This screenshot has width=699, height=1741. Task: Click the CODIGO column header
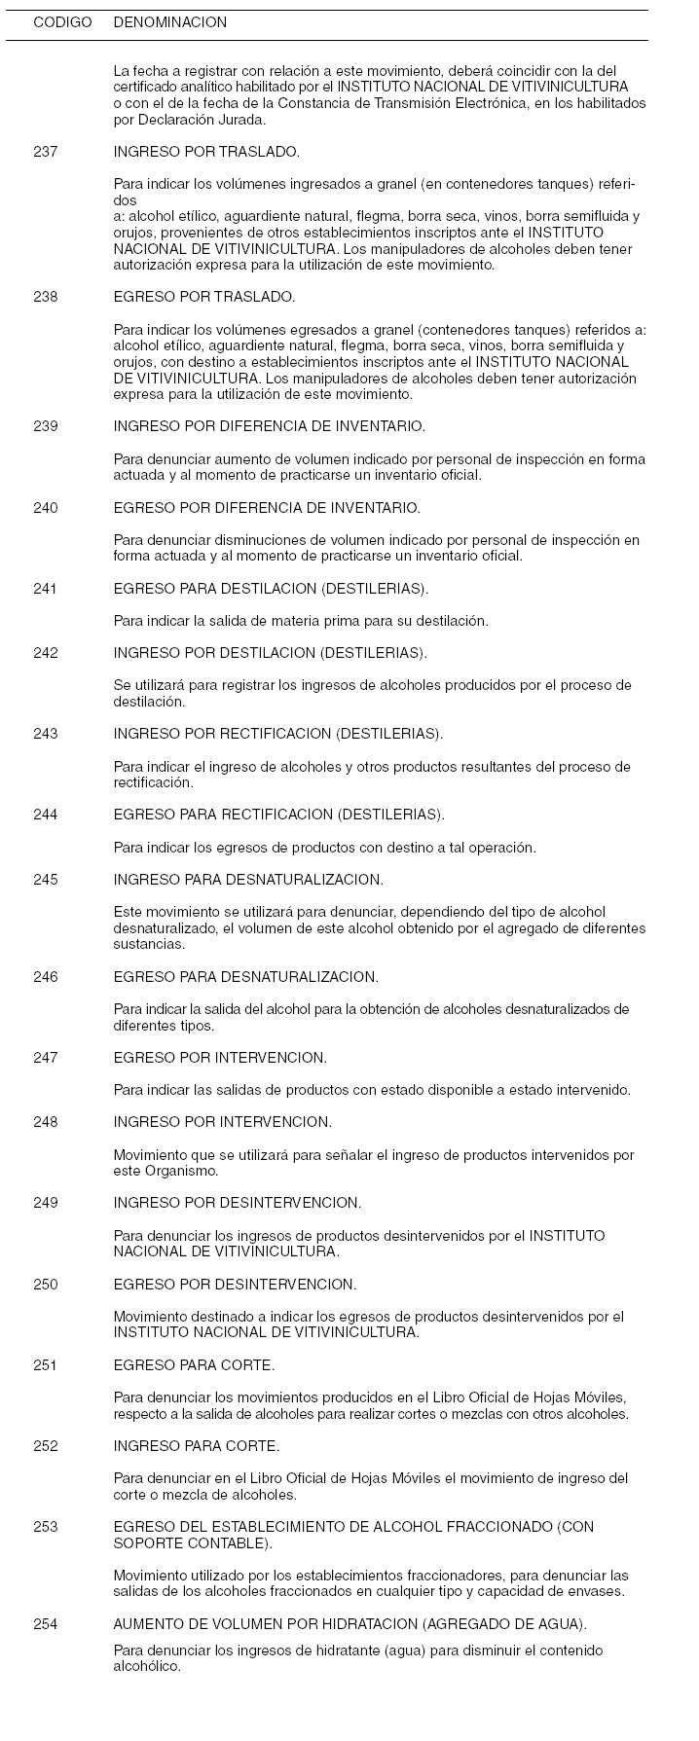pos(62,22)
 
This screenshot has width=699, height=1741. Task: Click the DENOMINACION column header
pos(169,22)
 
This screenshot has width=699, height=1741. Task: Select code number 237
pos(45,152)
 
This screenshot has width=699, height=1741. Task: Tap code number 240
pos(45,508)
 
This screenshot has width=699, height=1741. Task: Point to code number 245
pos(45,880)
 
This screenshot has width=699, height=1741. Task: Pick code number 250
pos(45,1285)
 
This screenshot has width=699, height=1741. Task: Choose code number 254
pos(45,1624)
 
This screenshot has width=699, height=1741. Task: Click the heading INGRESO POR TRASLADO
pos(206,152)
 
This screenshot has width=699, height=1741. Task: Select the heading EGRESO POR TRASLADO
pos(204,297)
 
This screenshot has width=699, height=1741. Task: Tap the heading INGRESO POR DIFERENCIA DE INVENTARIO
pos(269,426)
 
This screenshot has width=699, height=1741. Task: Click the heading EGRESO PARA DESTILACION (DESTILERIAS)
pos(271,589)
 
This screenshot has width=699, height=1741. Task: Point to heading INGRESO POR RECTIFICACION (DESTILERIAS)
pos(277,734)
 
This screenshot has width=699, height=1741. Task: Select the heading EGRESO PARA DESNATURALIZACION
pos(245,977)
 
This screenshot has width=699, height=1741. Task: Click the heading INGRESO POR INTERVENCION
pos(222,1122)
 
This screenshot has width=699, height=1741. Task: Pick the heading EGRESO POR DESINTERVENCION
pos(235,1285)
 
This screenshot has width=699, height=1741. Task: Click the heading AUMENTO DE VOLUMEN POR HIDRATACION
pos(349,1624)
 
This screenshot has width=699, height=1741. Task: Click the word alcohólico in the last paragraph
pos(146,1666)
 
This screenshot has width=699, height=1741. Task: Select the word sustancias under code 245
pos(147,945)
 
